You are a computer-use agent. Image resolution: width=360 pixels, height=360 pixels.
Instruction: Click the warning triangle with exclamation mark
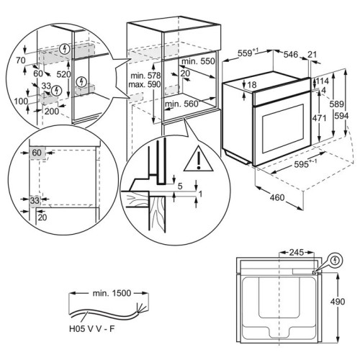[199, 159]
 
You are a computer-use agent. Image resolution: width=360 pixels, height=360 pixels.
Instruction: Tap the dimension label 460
[277, 197]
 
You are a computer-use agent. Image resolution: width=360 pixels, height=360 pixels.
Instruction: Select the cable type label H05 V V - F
[92, 329]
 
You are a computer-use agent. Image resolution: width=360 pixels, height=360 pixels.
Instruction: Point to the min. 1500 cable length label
[112, 293]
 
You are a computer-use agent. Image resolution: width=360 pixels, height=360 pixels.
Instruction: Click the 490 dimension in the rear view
[338, 301]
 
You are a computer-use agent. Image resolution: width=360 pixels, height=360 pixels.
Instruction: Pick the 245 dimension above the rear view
[297, 253]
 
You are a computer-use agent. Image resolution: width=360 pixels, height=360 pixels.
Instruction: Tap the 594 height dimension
[342, 116]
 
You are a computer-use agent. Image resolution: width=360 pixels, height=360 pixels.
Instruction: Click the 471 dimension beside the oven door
[319, 118]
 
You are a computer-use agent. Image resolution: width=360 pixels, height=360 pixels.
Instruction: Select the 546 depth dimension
[291, 55]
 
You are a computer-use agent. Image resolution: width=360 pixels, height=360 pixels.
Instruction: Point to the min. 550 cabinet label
[198, 61]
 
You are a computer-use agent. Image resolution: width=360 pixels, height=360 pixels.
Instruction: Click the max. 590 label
[145, 84]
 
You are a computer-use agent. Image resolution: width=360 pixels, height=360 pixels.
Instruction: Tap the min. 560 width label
[181, 104]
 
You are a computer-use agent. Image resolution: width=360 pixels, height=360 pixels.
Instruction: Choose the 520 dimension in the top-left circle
[63, 75]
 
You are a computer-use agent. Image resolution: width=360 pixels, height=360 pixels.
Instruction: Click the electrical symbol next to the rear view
[336, 261]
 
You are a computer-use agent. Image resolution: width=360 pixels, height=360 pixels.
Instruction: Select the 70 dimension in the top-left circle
[21, 60]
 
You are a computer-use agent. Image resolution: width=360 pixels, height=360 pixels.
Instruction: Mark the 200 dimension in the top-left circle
[52, 111]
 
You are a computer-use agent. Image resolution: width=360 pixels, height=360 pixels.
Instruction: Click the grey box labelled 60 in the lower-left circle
[37, 153]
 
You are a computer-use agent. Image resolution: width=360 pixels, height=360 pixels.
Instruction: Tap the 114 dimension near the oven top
[323, 81]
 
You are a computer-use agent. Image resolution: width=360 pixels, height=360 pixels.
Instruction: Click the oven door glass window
[283, 129]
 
